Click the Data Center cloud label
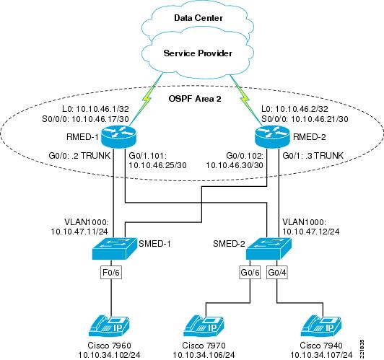click(x=198, y=18)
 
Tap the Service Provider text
click(x=198, y=53)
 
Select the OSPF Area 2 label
click(x=195, y=99)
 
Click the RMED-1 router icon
click(x=118, y=136)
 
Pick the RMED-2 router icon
click(x=272, y=136)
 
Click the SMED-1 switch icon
click(x=114, y=248)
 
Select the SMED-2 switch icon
click(x=269, y=248)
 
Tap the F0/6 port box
click(x=111, y=273)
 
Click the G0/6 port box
click(x=250, y=273)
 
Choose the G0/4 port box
click(x=277, y=273)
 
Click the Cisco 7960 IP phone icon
click(x=109, y=327)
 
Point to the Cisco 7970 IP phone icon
click(x=204, y=327)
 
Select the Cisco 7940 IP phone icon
click(x=321, y=327)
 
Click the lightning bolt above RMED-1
click(x=147, y=99)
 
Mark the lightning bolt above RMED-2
click(x=245, y=98)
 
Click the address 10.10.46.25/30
click(x=157, y=165)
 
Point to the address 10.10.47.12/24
click(x=311, y=232)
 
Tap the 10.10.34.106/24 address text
click(x=204, y=355)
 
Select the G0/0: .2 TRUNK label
click(x=79, y=155)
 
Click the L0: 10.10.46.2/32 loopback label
click(x=294, y=109)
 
